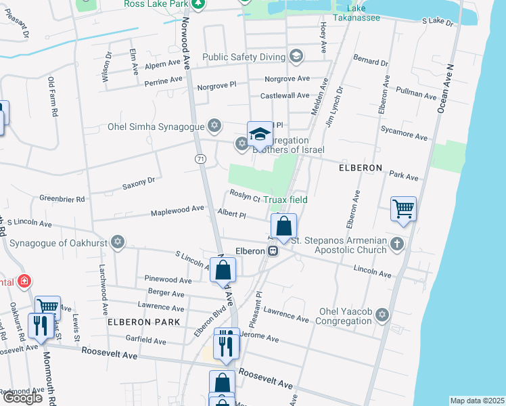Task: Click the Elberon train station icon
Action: pyautogui.click(x=273, y=251)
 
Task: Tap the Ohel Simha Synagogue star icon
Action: pyautogui.click(x=214, y=125)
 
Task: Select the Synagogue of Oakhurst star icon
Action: pyautogui.click(x=118, y=242)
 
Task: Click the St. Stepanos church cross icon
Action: pyautogui.click(x=397, y=244)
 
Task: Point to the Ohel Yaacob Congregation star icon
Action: pyautogui.click(x=383, y=316)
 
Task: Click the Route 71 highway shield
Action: pyautogui.click(x=200, y=158)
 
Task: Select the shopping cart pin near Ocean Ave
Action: pyautogui.click(x=403, y=209)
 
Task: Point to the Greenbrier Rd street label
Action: pyautogui.click(x=62, y=199)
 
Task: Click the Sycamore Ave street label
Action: pyautogui.click(x=404, y=132)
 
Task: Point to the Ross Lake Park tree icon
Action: pyautogui.click(x=198, y=4)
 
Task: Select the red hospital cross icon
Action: pyautogui.click(x=24, y=280)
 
